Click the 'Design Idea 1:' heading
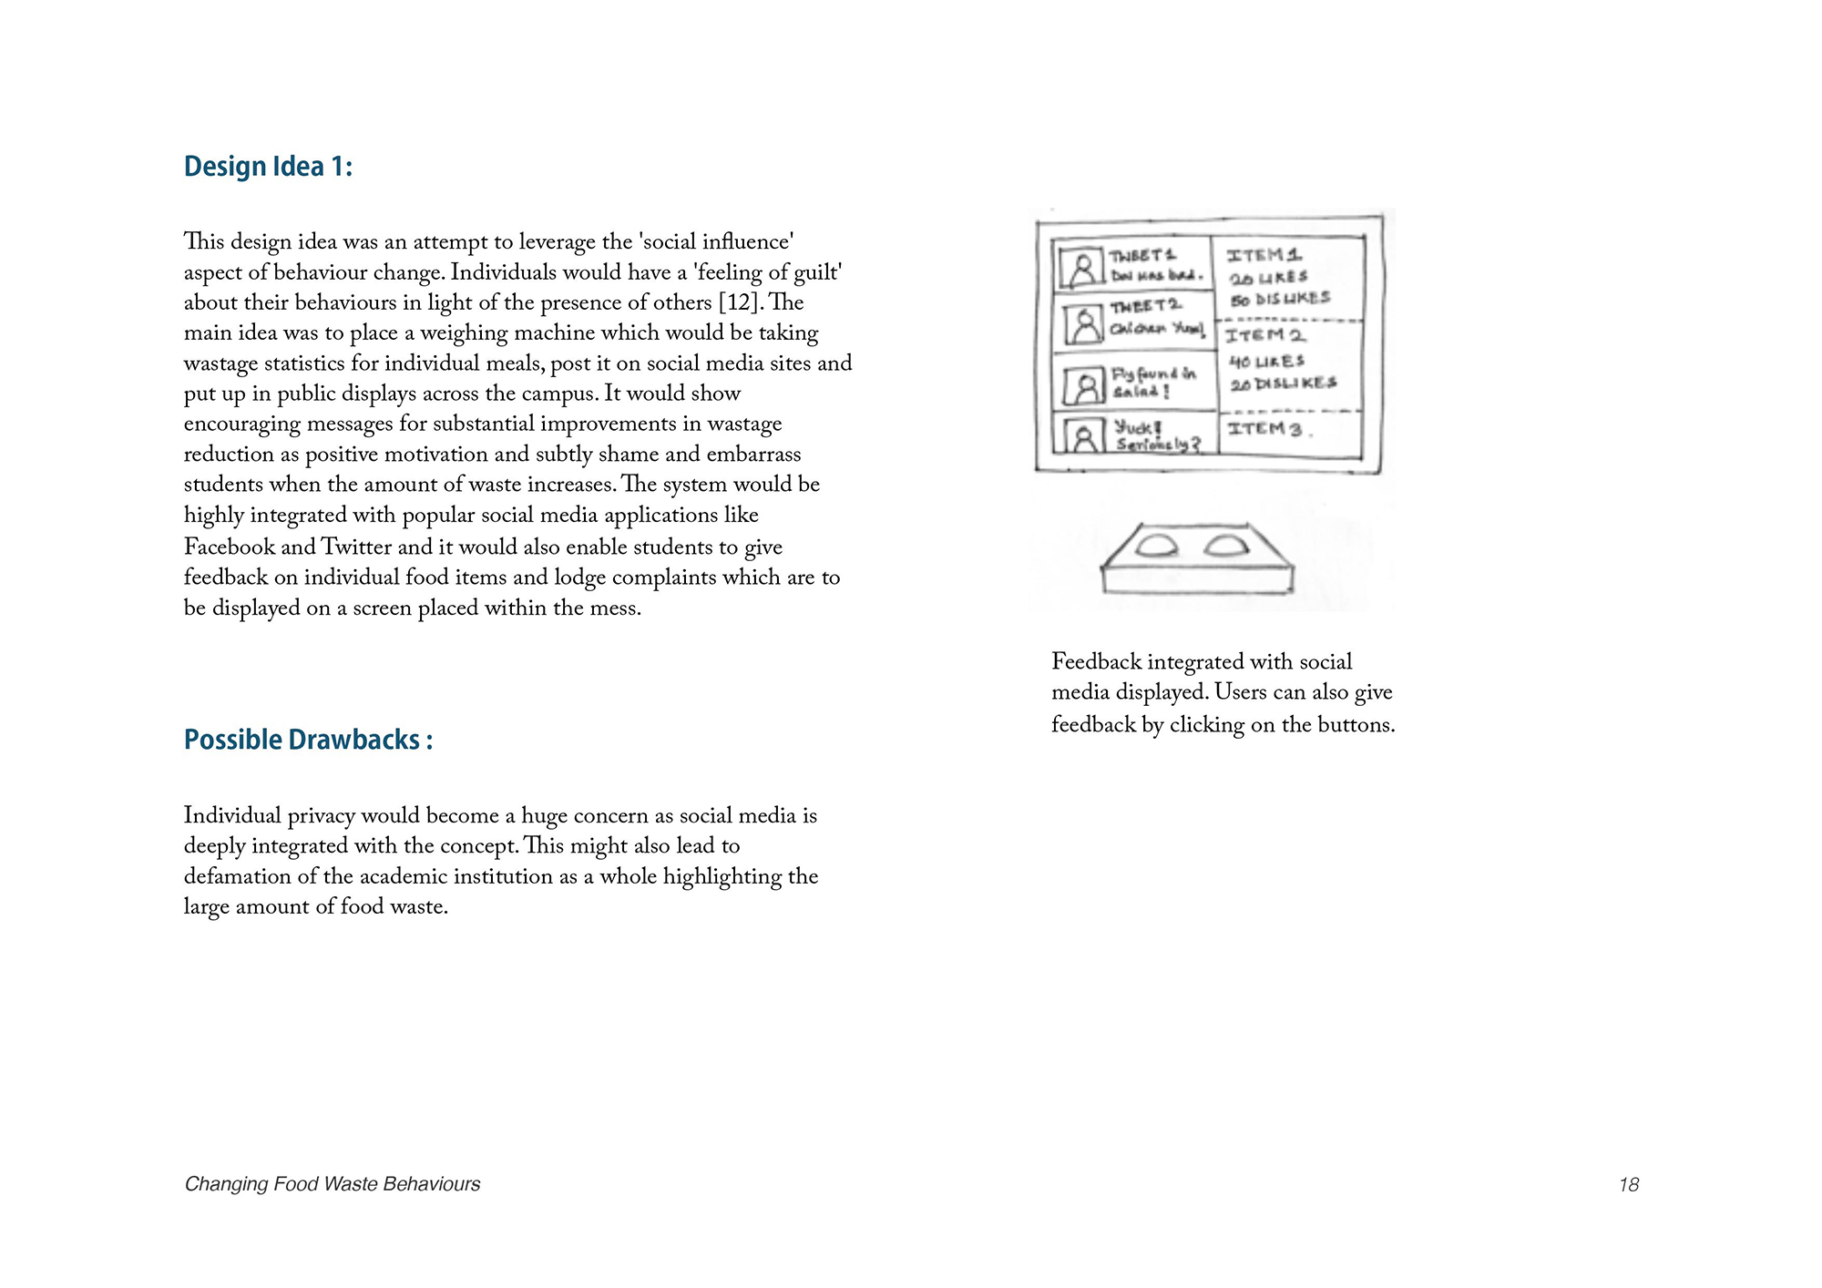[268, 167]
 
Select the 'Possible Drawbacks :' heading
[308, 740]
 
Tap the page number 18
[1628, 1184]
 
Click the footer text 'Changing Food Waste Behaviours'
[333, 1183]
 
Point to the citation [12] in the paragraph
[738, 302]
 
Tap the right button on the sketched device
[1225, 546]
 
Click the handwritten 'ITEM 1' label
[1264, 256]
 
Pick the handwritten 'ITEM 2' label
[1264, 336]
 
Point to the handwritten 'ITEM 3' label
[1264, 428]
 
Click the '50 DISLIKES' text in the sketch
[1280, 299]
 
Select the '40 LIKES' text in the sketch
[1266, 362]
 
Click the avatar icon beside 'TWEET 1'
[1082, 268]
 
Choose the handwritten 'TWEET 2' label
[1145, 306]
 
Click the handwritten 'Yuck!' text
[1138, 426]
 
